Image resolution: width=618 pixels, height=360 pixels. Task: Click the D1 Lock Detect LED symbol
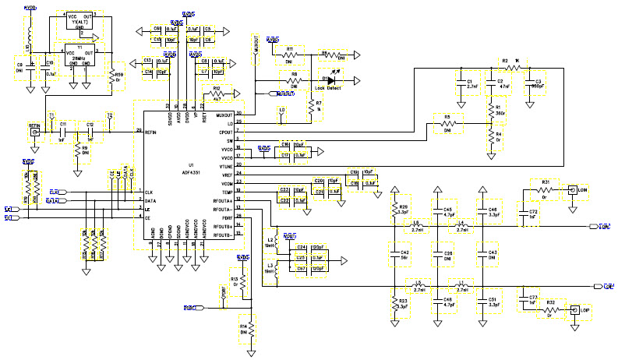(x=331, y=79)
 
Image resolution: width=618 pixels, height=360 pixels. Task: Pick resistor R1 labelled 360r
(x=491, y=111)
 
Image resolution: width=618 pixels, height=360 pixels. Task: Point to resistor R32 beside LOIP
(x=549, y=309)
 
